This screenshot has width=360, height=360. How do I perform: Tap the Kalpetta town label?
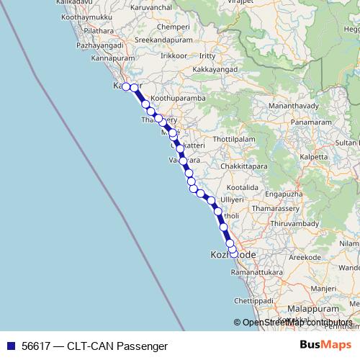click(x=314, y=156)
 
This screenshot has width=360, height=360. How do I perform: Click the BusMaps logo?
click(x=326, y=345)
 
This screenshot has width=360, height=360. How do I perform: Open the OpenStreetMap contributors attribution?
click(x=297, y=323)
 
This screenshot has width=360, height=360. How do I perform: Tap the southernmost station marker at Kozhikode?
click(x=233, y=253)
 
